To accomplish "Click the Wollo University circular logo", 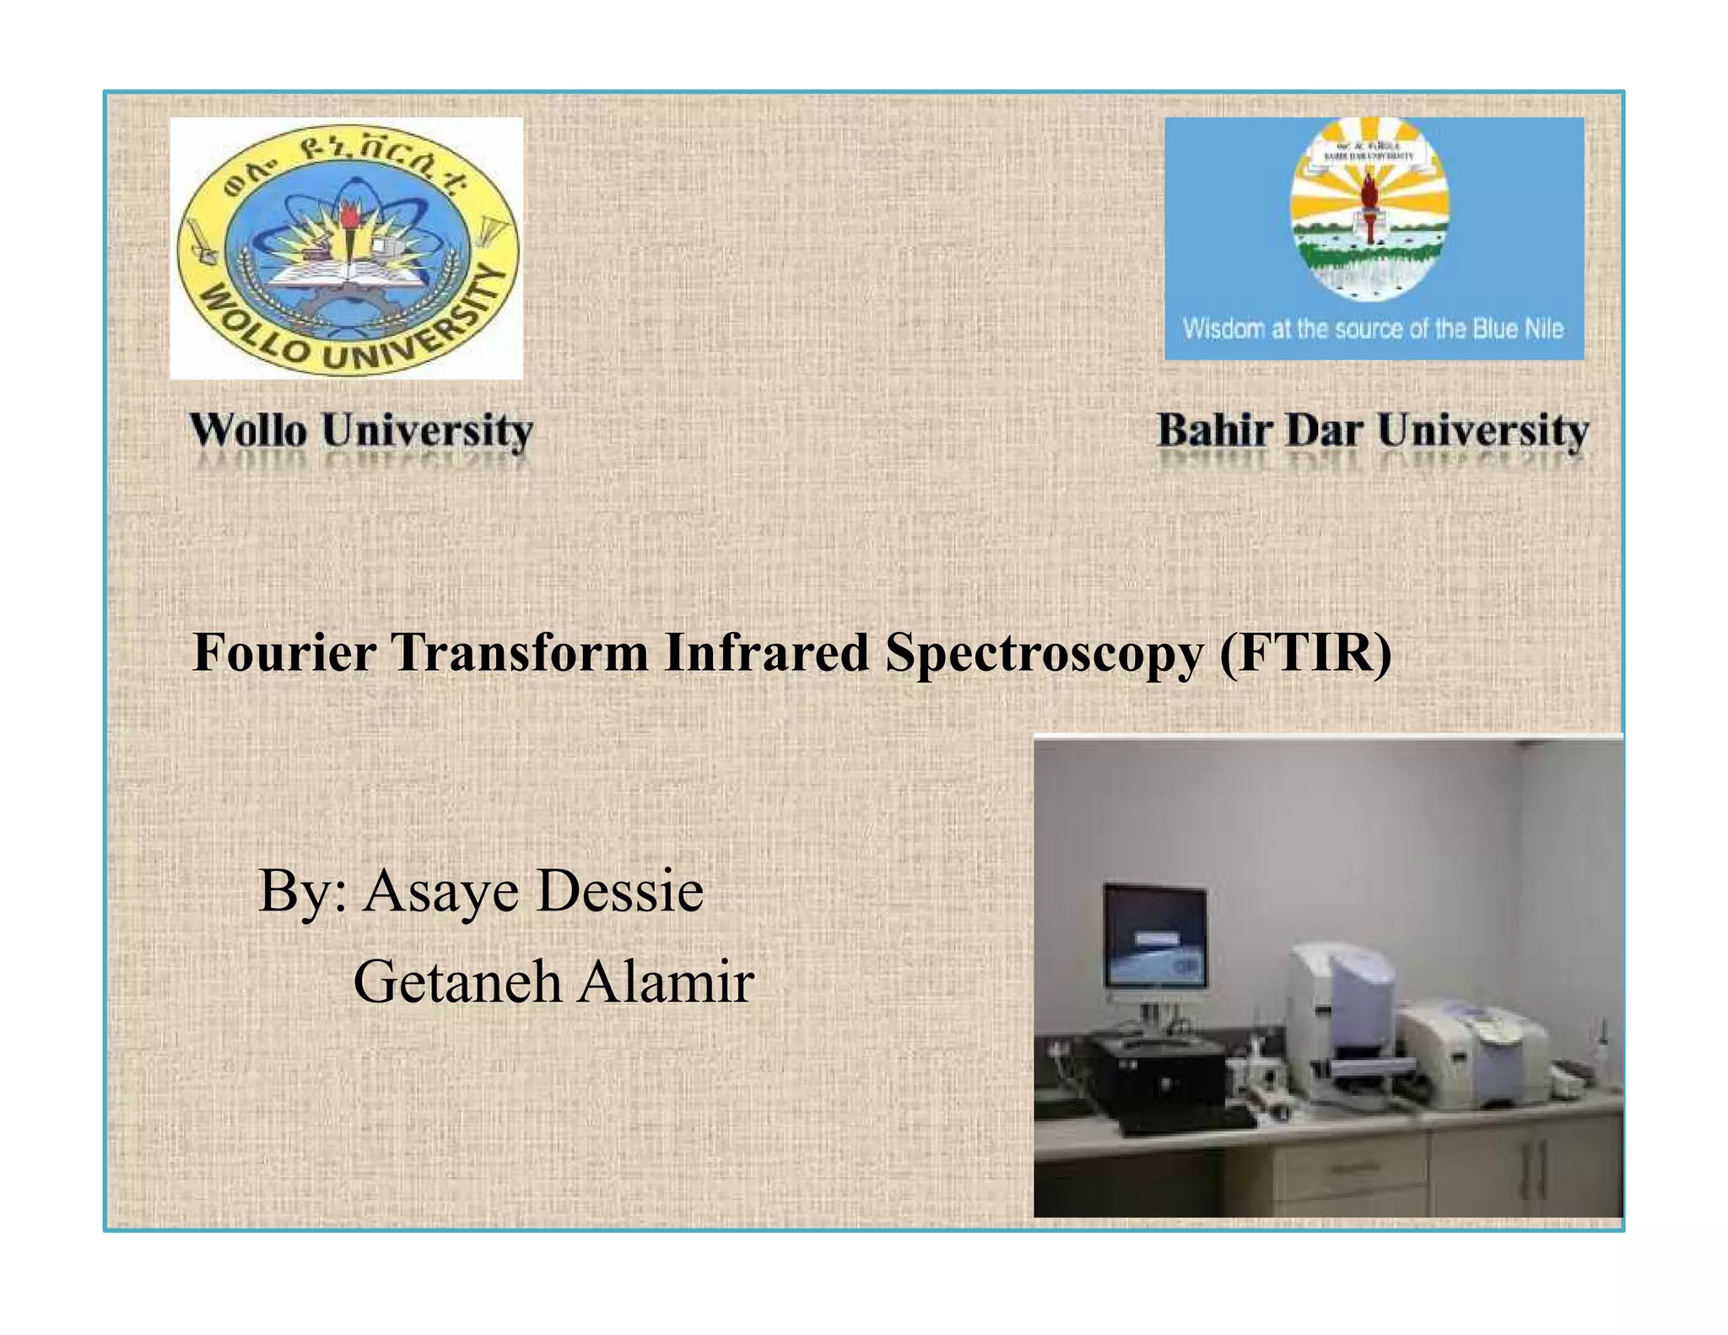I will [346, 249].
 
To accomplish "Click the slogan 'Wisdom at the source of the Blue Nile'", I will [1373, 328].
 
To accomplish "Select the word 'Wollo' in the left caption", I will [248, 430].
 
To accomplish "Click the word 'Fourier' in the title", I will [283, 653].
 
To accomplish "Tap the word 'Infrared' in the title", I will [766, 653].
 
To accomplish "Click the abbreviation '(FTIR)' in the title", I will [1304, 653].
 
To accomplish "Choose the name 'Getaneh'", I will [456, 982].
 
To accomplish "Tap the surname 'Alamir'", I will [666, 982].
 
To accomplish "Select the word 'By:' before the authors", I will [302, 892].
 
